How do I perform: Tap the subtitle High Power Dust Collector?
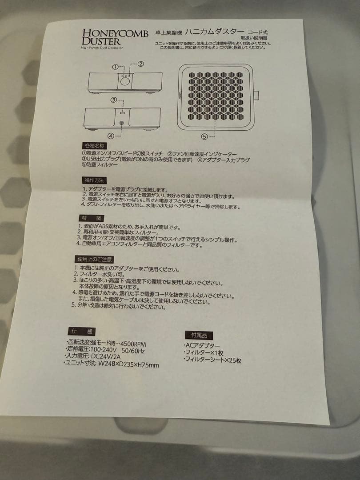pyautogui.click(x=102, y=48)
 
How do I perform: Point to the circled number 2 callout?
pyautogui.click(x=140, y=64)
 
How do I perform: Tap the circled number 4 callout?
pyautogui.click(x=111, y=136)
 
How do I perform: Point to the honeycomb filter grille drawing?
pyautogui.click(x=216, y=96)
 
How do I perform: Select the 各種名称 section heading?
pyautogui.click(x=93, y=146)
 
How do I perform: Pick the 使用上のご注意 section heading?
pyautogui.click(x=94, y=259)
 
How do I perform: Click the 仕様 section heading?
pyautogui.click(x=81, y=331)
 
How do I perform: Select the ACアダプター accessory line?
pyautogui.click(x=201, y=345)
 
